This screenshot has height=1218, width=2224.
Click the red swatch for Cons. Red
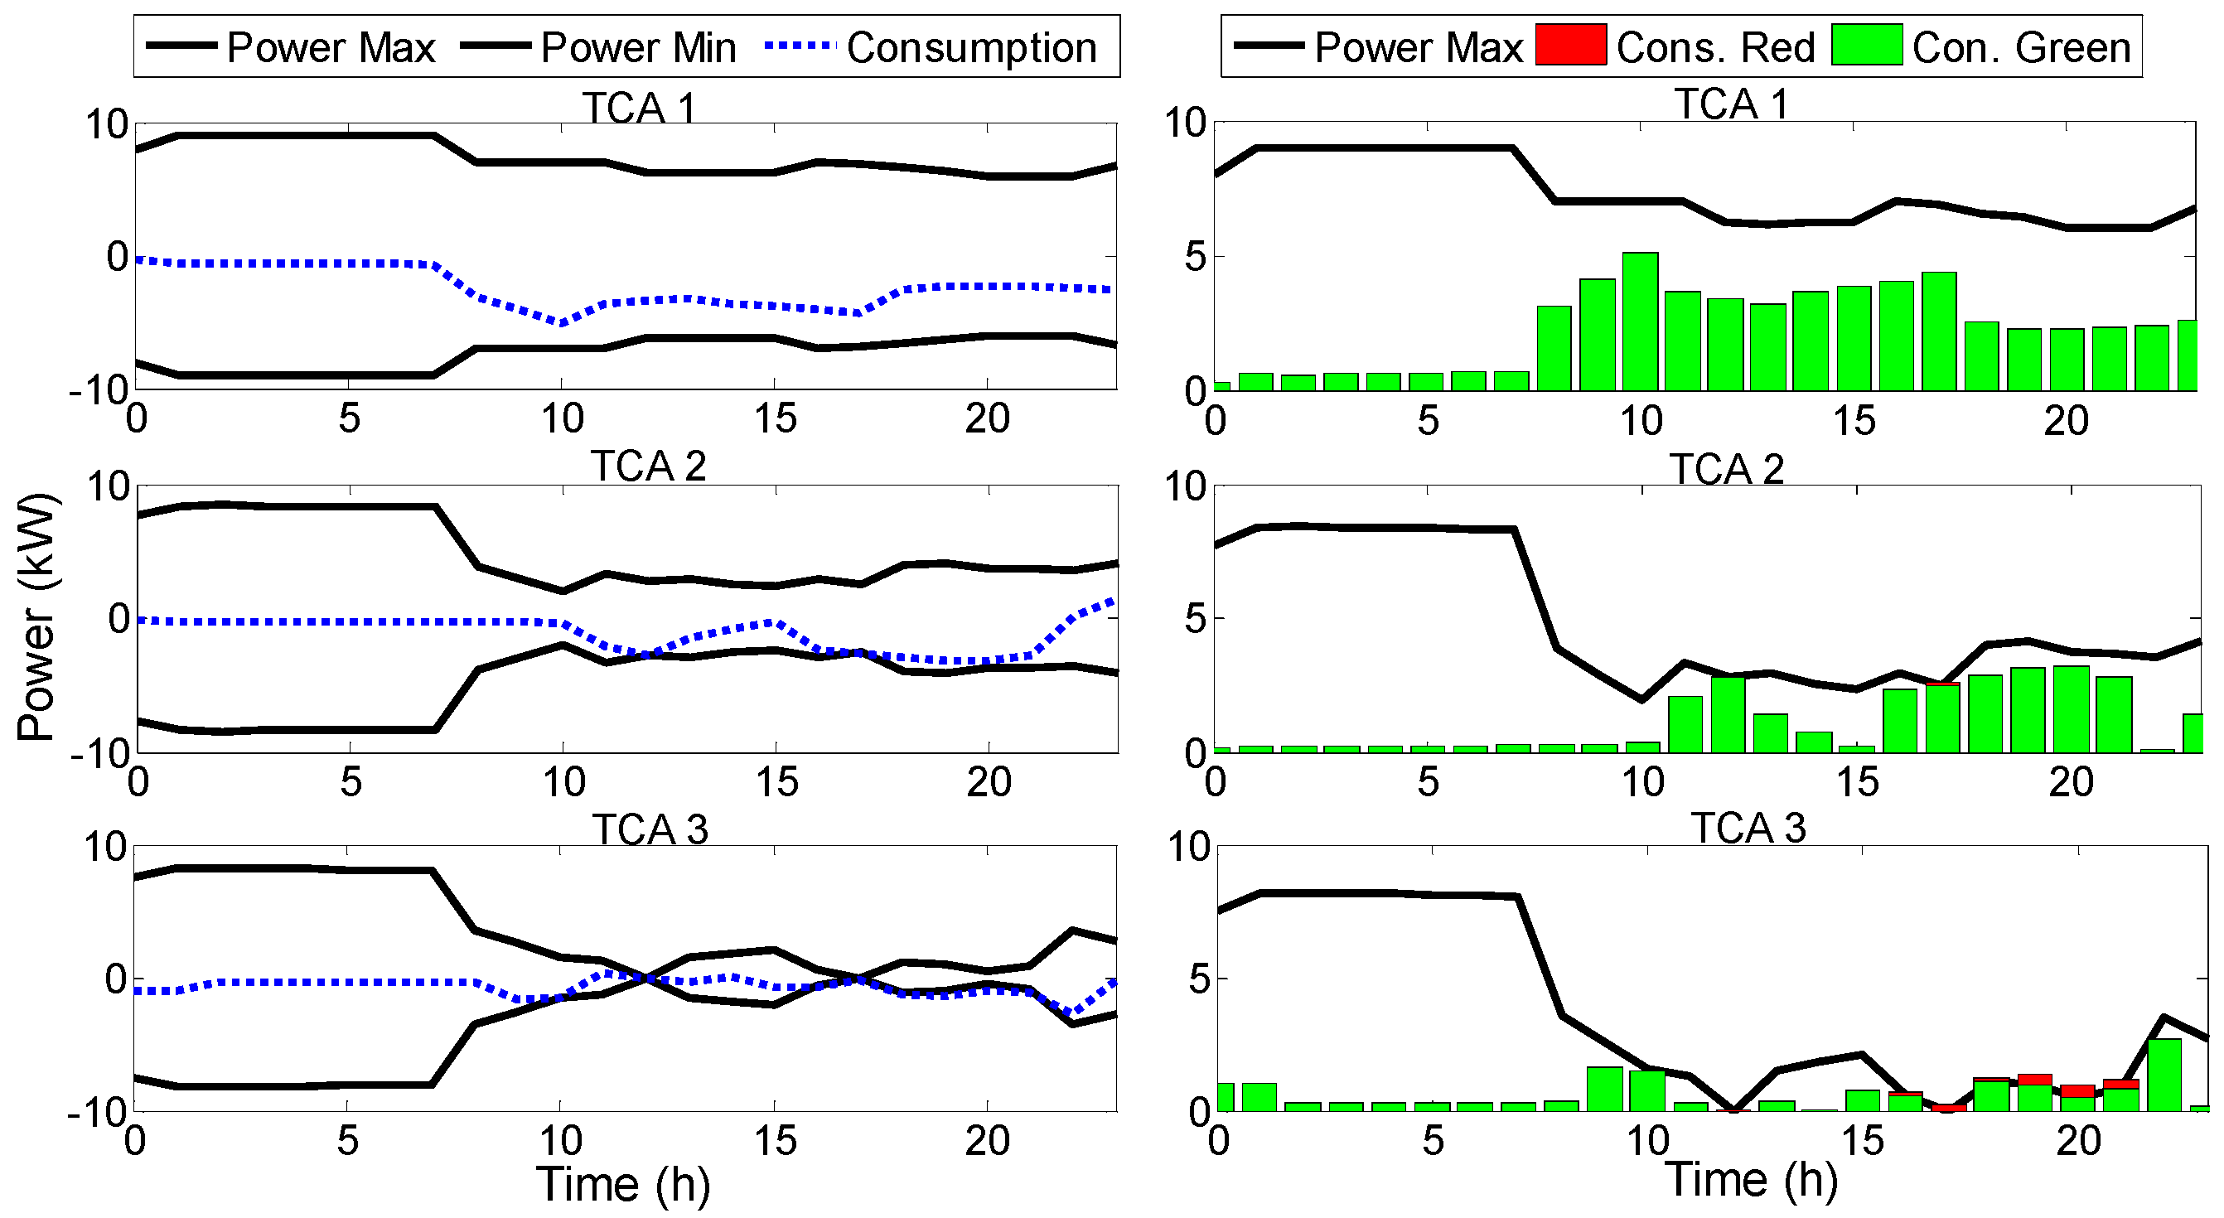coord(1569,44)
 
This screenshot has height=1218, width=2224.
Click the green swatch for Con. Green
coord(1867,44)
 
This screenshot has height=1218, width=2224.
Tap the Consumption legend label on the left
coord(971,47)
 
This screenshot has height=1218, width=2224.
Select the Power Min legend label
coord(638,47)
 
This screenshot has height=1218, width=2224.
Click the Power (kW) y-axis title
coord(37,616)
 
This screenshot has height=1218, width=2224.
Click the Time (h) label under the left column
coord(622,1183)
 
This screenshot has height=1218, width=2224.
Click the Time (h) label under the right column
coord(1751,1180)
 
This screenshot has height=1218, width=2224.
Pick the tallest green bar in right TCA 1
coord(1640,321)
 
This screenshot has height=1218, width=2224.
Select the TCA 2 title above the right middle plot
coord(1726,470)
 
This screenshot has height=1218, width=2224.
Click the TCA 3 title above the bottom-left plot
coord(650,829)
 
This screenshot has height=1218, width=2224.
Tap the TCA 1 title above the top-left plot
coord(639,108)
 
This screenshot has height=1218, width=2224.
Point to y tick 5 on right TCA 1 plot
coord(1195,257)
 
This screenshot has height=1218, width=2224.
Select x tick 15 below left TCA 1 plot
coord(775,419)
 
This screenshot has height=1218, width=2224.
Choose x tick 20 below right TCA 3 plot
coord(2078,1141)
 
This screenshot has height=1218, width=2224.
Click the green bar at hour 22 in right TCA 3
coord(2164,1075)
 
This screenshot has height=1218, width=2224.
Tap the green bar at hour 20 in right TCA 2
coord(2071,709)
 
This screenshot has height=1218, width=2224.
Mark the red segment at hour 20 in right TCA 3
coord(2077,1091)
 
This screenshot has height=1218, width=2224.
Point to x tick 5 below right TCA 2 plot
coord(1428,782)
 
